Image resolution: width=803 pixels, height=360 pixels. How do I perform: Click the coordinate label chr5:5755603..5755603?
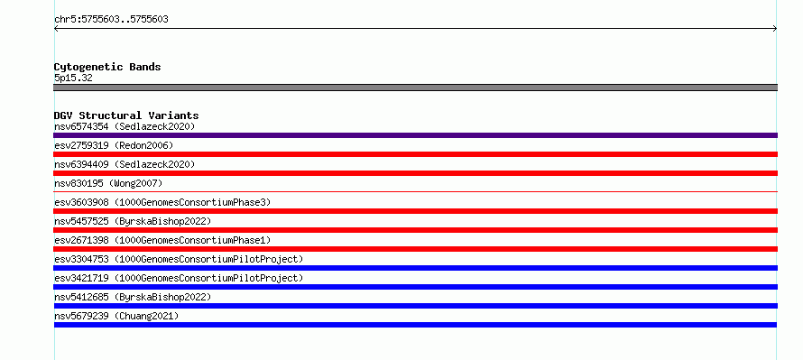point(111,20)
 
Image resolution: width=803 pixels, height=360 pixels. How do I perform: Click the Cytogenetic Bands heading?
point(107,67)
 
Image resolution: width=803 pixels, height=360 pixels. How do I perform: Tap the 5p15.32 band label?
point(73,78)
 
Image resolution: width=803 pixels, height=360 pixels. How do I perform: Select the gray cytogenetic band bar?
point(415,88)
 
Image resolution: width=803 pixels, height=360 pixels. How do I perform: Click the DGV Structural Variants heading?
point(126,115)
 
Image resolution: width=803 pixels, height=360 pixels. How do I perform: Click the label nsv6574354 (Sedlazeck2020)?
point(125,126)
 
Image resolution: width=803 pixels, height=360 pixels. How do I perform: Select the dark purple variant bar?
point(415,135)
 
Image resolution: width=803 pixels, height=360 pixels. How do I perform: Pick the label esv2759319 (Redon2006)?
point(114,145)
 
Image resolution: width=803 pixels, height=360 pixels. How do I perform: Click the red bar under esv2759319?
point(415,154)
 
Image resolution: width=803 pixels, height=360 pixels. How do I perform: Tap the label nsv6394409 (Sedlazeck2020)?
point(125,164)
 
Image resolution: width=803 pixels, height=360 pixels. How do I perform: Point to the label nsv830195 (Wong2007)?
point(108,183)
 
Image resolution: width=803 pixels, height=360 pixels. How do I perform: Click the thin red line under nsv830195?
point(415,191)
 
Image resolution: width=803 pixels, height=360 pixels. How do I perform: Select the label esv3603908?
point(81,202)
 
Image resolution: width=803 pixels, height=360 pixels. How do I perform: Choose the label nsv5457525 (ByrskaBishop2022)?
point(133,221)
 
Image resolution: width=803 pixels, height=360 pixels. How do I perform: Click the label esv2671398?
point(81,240)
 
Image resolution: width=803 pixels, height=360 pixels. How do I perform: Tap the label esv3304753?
point(81,259)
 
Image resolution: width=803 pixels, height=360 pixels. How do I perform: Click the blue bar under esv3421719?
point(415,287)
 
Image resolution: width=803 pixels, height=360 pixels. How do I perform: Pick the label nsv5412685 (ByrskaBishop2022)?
point(133,297)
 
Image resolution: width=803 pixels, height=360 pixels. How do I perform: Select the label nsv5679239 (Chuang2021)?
point(116,316)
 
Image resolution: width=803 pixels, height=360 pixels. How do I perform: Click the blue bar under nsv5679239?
point(415,325)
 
